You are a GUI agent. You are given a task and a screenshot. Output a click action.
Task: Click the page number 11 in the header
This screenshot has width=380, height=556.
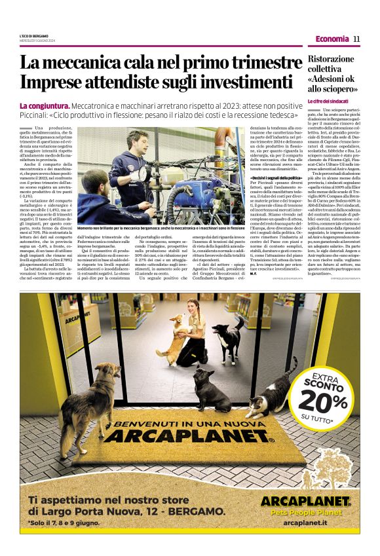(357, 39)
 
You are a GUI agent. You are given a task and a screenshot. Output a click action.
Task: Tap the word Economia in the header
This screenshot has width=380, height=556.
(332, 39)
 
